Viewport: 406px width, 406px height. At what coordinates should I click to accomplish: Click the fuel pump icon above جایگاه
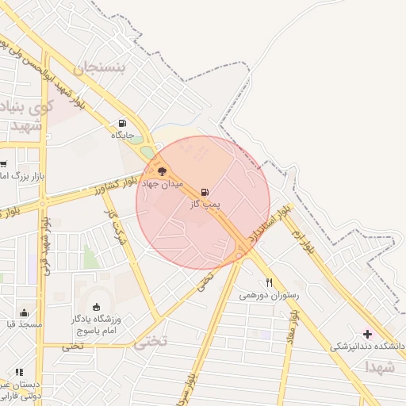click(122, 123)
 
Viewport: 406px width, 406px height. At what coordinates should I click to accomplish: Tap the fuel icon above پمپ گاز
click(205, 192)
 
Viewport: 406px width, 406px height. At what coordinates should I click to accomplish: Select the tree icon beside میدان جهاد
click(162, 171)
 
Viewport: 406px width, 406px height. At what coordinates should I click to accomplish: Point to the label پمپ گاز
click(205, 205)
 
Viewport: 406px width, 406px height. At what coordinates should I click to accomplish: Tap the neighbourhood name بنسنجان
click(100, 68)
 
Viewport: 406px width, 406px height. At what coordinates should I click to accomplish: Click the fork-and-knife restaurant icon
click(270, 282)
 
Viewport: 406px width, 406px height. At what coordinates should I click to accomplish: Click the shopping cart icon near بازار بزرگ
click(3, 163)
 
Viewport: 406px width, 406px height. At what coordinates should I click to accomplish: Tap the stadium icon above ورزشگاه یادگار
click(97, 307)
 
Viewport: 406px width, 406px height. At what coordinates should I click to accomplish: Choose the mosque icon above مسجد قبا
click(24, 312)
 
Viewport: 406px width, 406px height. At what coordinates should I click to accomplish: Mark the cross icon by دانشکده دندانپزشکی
click(366, 334)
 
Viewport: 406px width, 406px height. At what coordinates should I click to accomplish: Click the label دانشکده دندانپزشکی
click(368, 347)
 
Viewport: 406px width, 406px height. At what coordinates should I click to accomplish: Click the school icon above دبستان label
click(19, 372)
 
